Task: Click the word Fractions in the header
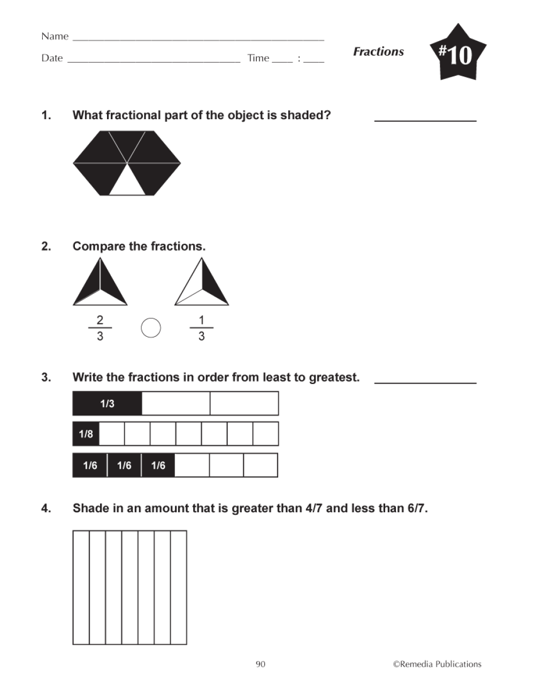(378, 52)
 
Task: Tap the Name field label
(55, 36)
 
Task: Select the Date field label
(52, 58)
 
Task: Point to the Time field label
(258, 58)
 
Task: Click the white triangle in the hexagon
(128, 182)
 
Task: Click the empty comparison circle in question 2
(151, 328)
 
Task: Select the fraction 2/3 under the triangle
(100, 328)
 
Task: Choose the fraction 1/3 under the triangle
(202, 328)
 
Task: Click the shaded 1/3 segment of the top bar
(107, 404)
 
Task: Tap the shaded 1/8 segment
(86, 434)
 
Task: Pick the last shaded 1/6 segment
(158, 465)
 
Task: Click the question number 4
(47, 508)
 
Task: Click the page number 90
(261, 664)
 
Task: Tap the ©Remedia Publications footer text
(437, 664)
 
